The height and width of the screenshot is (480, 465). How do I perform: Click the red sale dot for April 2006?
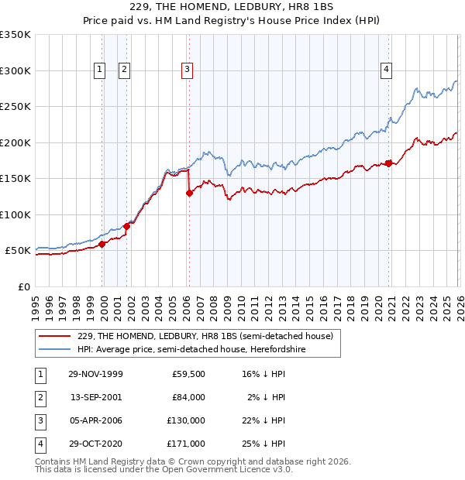[x=188, y=194]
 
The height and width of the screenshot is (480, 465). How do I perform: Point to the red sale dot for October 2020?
[x=388, y=163]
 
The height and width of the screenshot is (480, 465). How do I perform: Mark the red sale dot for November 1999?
[x=102, y=244]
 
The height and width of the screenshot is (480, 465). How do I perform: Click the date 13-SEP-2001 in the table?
[x=96, y=397]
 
